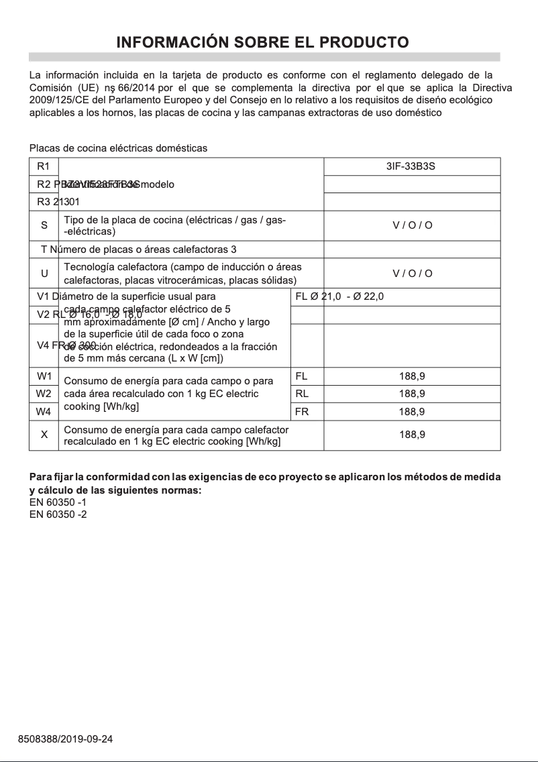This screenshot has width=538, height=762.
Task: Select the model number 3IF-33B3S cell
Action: tap(411, 166)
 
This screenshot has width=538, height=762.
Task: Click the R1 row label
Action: tap(44, 166)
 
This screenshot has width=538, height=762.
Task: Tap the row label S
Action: tap(44, 225)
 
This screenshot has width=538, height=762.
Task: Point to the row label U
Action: tap(44, 274)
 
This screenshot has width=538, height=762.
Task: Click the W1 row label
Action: tap(44, 376)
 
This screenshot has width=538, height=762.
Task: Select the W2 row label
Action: tap(44, 394)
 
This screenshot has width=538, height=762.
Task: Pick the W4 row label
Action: tap(44, 411)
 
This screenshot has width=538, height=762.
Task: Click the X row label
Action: tap(44, 435)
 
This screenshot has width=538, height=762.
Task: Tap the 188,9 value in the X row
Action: tap(412, 435)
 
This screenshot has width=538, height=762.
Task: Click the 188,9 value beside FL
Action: tap(412, 376)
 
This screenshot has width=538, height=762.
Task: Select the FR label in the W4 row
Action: tap(302, 411)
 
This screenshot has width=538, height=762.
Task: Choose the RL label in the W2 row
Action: tap(302, 394)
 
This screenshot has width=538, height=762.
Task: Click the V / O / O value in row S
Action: tap(412, 225)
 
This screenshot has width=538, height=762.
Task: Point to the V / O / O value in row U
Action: tap(412, 274)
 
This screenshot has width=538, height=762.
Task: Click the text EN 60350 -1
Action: tap(58, 502)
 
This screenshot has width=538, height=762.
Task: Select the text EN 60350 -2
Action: tap(58, 514)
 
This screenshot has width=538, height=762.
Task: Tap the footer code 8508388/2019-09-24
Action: tap(65, 740)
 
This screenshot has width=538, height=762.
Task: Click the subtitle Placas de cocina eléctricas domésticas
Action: tap(118, 148)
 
